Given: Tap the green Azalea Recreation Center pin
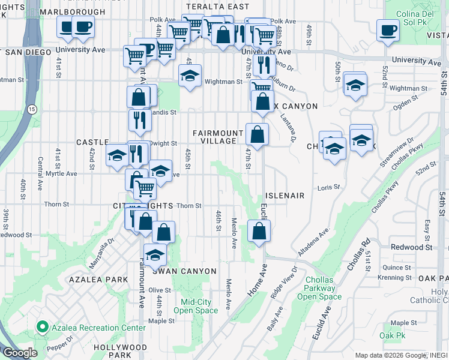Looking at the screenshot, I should coord(42,328).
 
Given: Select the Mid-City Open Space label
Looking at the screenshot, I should coord(196,306).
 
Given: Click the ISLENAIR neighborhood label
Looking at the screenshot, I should coord(285,196).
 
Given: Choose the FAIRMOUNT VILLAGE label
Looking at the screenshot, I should coord(214,137).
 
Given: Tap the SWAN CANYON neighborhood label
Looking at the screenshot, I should coord(187,271).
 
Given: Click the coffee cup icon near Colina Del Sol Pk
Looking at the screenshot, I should coord(388,29).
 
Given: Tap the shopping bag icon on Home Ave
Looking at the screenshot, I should coord(259,231).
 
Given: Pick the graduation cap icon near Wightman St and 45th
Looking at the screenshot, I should coord(190,76).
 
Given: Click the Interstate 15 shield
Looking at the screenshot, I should coord(31,109).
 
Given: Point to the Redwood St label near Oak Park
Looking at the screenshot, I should coord(411,247).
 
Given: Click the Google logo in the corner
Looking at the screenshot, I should coord(20,353).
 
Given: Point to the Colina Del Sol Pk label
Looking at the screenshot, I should coord(412,12).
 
